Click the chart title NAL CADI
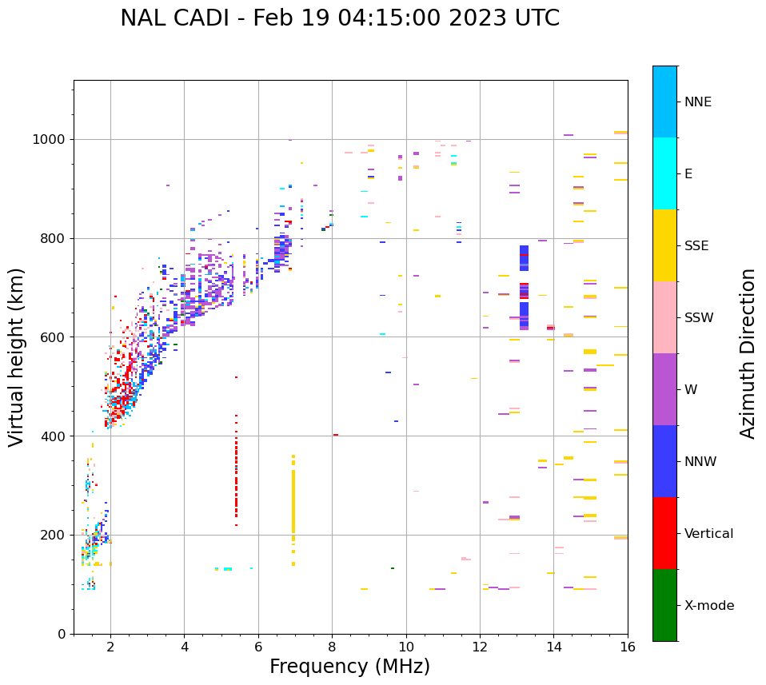pyautogui.click(x=340, y=18)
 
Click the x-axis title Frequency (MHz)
pyautogui.click(x=349, y=667)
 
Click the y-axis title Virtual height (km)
pyautogui.click(x=17, y=357)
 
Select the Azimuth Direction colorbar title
pyautogui.click(x=748, y=353)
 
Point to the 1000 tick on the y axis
pyautogui.click(x=54, y=139)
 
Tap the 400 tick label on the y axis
pyautogui.click(x=54, y=436)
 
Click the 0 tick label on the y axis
pyautogui.click(x=62, y=634)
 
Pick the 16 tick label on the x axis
pyautogui.click(x=628, y=647)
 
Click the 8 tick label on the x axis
pyautogui.click(x=332, y=647)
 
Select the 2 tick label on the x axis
pyautogui.click(x=110, y=647)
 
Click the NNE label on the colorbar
pyautogui.click(x=697, y=102)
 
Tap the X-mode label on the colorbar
pyautogui.click(x=708, y=605)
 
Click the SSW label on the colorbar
pyautogui.click(x=699, y=317)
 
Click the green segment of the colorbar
pyautogui.click(x=664, y=605)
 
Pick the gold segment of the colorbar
pyautogui.click(x=664, y=245)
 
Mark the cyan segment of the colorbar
pyautogui.click(x=664, y=173)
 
